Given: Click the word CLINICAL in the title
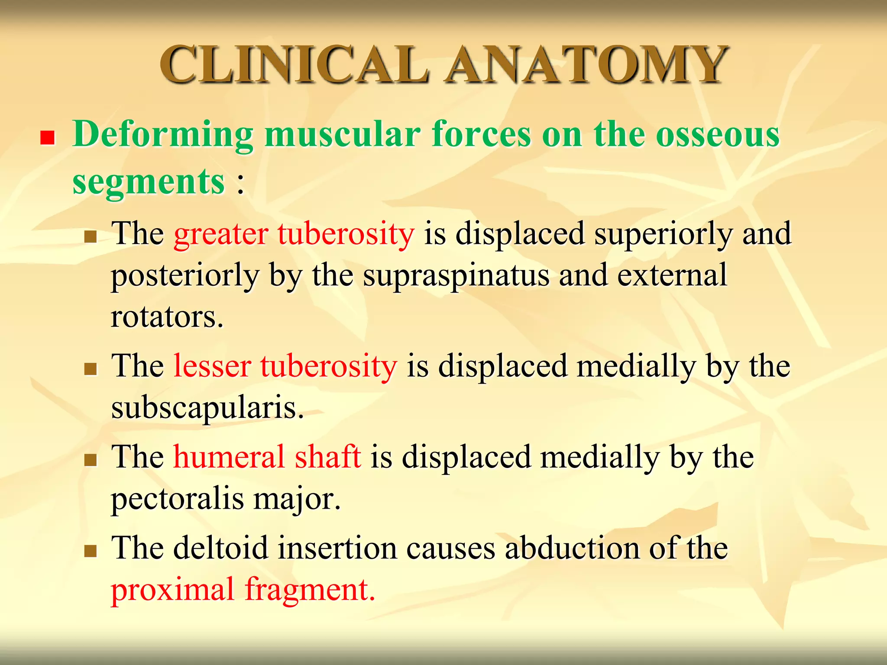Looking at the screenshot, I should (295, 65).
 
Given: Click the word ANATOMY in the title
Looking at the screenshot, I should (587, 65).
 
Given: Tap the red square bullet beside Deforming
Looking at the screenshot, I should (47, 138).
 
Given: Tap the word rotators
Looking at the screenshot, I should (167, 317).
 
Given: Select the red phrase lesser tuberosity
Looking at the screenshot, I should (285, 366).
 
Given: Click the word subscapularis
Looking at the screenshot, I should (207, 408).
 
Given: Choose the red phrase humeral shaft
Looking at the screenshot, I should (267, 457).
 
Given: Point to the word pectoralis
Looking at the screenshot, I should (178, 499).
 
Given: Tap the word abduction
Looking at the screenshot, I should (572, 548).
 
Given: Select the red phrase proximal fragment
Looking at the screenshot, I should (243, 590).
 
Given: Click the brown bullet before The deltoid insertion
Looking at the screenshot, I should (90, 551).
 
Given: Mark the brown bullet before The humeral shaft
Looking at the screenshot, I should (90, 460).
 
